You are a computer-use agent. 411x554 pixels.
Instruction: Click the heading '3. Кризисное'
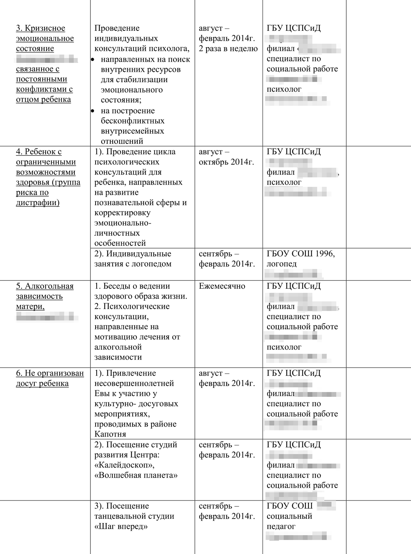pos(40,28)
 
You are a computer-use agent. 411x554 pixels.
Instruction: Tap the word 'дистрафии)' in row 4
pos(38,203)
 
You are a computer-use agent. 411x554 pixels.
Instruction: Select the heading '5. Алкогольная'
pos(45,286)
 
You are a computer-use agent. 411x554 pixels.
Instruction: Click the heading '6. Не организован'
pos(50,373)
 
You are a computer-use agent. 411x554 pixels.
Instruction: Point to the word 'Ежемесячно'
pos(222,286)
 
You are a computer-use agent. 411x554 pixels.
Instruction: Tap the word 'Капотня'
pos(110,434)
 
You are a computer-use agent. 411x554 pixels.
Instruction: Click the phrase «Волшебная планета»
pos(136,475)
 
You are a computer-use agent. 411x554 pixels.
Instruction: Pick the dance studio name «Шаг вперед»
pos(121,526)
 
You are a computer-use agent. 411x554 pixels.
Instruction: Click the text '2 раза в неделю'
pos(228,49)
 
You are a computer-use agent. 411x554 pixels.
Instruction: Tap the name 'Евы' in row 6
pos(102,393)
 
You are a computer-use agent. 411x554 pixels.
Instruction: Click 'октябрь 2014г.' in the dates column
pos(226,162)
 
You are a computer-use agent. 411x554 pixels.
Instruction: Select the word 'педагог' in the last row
pos(281,526)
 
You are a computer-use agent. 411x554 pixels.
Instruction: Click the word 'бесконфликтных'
pos(133,121)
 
